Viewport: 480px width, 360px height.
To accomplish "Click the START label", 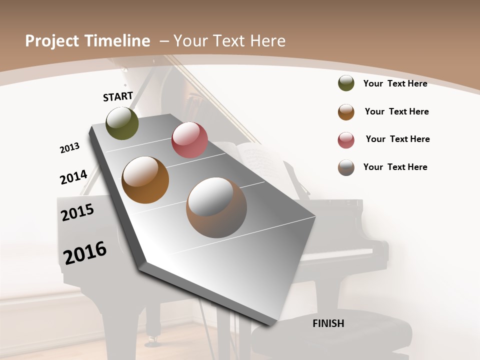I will [118, 96].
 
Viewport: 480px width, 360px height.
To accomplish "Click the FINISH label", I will [328, 323].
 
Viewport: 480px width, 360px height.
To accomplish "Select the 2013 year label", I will [69, 147].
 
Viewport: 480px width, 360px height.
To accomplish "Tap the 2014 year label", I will [73, 177].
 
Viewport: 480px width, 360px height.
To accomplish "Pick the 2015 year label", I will [77, 212].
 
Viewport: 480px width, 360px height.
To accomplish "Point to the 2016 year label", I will [85, 253].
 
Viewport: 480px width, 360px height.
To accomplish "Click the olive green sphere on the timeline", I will [122, 123].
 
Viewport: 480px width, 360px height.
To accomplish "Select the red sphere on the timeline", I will [189, 140].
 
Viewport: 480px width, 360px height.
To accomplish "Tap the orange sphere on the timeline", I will [145, 180].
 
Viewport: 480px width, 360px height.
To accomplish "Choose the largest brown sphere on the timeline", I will [216, 207].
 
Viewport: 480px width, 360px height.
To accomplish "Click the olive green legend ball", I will [346, 83].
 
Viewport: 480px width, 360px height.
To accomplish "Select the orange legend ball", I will [346, 112].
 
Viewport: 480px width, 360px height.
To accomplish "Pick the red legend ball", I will [346, 140].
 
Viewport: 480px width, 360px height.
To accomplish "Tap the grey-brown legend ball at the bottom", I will [346, 167].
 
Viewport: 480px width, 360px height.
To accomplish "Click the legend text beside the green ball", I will [395, 83].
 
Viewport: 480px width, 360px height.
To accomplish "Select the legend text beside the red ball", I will [397, 139].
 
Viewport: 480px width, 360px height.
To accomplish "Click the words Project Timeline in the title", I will [87, 41].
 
